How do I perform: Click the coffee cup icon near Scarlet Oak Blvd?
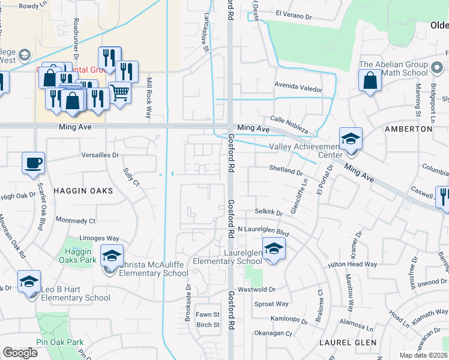coord(33,163)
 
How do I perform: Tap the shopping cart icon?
coord(119,92)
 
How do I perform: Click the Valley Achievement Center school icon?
coord(350,139)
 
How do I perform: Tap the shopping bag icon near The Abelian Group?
coord(370,80)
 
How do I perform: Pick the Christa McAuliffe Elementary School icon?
coord(112,256)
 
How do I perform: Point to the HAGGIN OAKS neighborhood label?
coord(83,190)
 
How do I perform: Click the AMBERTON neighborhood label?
coord(409,129)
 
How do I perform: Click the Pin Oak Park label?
coord(59,342)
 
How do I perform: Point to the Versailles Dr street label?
coord(101,154)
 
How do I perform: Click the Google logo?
coord(20,353)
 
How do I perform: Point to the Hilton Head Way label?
coord(352,264)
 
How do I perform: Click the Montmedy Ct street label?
coord(76,221)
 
